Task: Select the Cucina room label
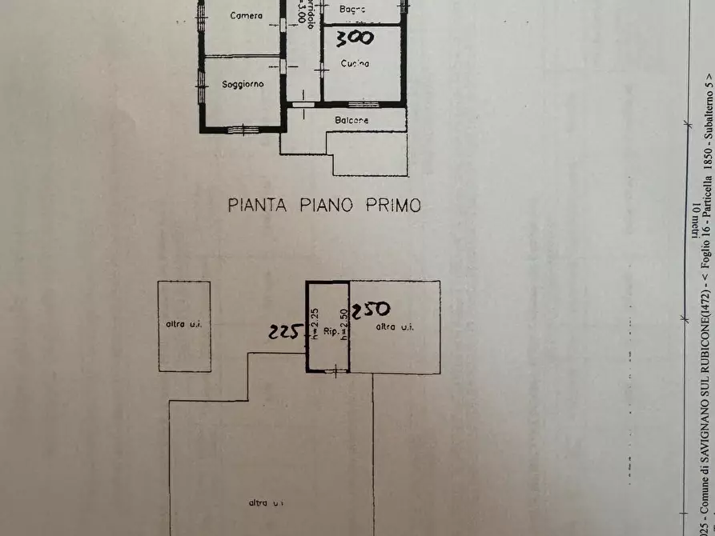[355, 63]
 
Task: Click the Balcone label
[351, 120]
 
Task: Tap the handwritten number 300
[354, 38]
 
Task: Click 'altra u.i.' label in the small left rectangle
[184, 324]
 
